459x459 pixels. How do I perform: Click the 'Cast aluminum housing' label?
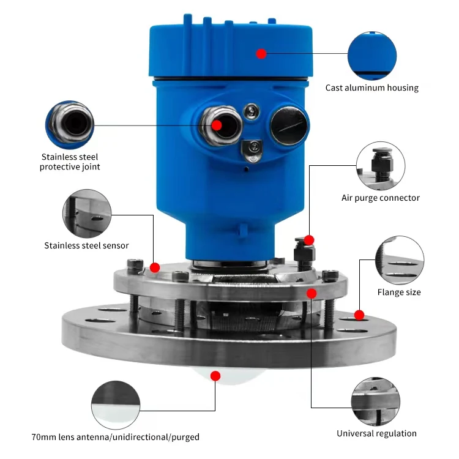click(x=371, y=88)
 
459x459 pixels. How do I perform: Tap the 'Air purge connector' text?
click(x=380, y=198)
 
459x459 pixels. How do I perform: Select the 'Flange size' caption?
click(x=398, y=292)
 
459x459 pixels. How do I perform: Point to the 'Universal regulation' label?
click(x=376, y=433)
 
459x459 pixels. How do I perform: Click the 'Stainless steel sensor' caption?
click(x=86, y=245)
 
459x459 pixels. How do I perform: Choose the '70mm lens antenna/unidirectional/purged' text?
click(x=115, y=437)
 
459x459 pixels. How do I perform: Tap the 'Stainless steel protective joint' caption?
click(x=70, y=162)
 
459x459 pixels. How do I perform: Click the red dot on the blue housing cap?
click(x=261, y=54)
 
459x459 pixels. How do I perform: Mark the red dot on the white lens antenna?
click(x=215, y=376)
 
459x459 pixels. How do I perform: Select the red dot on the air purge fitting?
click(x=309, y=240)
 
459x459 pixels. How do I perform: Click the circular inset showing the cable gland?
click(x=70, y=125)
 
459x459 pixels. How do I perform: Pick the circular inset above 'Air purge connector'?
click(x=381, y=166)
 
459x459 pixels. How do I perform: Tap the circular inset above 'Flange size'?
click(x=400, y=260)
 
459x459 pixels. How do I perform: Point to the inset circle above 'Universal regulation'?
click(x=376, y=401)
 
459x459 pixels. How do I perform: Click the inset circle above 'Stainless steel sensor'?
click(x=87, y=214)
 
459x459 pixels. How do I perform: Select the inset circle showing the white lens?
click(x=116, y=405)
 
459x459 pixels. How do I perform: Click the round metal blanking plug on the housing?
click(x=289, y=125)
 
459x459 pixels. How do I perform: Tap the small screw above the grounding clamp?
click(x=252, y=111)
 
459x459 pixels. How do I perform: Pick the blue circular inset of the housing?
click(x=372, y=56)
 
